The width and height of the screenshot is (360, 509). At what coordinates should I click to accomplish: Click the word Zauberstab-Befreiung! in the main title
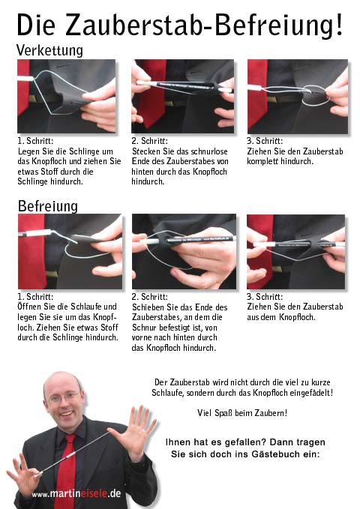(204, 25)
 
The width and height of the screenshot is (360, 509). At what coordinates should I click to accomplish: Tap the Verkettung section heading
(49, 50)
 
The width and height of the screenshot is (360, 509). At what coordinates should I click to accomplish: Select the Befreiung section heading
(48, 206)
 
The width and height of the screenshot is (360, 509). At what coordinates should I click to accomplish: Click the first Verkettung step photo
(66, 96)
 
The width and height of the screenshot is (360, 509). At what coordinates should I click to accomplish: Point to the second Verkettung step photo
(182, 96)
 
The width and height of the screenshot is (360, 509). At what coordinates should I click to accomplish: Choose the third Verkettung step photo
(298, 97)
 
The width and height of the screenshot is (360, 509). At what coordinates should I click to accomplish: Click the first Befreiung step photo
(70, 251)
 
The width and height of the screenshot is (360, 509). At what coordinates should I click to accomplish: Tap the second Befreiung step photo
(184, 251)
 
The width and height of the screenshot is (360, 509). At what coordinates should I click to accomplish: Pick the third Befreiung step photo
(296, 252)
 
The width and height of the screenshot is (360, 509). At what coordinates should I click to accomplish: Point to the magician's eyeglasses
(63, 397)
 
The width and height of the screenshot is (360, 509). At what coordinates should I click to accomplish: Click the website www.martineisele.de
(76, 494)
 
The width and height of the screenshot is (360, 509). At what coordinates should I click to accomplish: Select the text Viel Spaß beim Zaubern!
(242, 413)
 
